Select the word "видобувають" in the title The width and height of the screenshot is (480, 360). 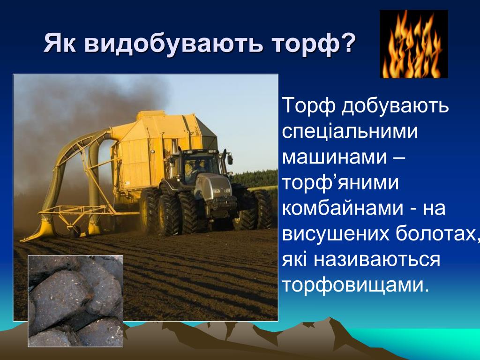click(173, 44)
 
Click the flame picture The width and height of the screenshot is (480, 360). click(413, 44)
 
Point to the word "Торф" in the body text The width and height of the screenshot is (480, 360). click(309, 106)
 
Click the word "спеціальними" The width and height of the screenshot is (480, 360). click(350, 132)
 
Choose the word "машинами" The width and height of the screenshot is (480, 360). click(335, 157)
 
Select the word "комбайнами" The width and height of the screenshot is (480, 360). click(343, 208)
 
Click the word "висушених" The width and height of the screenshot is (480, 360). click(336, 235)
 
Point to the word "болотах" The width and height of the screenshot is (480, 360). click(435, 234)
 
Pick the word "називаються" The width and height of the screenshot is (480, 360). click(377, 260)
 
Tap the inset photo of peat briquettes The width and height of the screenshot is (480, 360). click(75, 301)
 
